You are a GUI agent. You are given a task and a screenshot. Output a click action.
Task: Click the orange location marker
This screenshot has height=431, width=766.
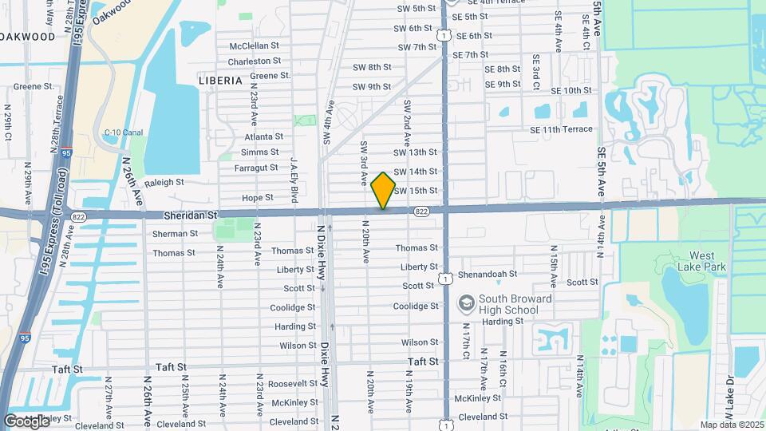click(x=383, y=191)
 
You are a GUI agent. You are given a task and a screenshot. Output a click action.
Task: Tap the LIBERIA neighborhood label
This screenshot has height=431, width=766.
click(x=220, y=81)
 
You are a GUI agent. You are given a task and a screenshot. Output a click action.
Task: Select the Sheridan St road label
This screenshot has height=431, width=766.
click(x=191, y=215)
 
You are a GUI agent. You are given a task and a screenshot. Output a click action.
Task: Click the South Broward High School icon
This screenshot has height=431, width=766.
click(x=465, y=304)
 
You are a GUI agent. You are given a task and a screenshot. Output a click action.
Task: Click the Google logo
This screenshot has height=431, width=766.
click(x=27, y=421)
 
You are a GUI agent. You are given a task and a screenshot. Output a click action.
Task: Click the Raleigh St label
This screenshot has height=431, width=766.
click(x=164, y=182)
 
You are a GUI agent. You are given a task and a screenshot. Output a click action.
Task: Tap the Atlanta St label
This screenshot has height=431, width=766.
click(x=263, y=136)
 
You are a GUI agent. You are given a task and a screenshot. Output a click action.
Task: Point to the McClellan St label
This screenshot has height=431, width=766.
click(x=255, y=46)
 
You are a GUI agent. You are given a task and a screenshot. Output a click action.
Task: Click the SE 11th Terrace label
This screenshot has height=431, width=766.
click(x=561, y=129)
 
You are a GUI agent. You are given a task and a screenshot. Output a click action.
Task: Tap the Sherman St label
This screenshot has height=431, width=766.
click(x=175, y=234)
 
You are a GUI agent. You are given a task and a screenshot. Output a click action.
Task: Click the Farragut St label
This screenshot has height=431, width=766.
click(x=256, y=168)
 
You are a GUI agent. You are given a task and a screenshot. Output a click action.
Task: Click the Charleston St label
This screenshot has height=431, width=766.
click(x=255, y=61)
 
